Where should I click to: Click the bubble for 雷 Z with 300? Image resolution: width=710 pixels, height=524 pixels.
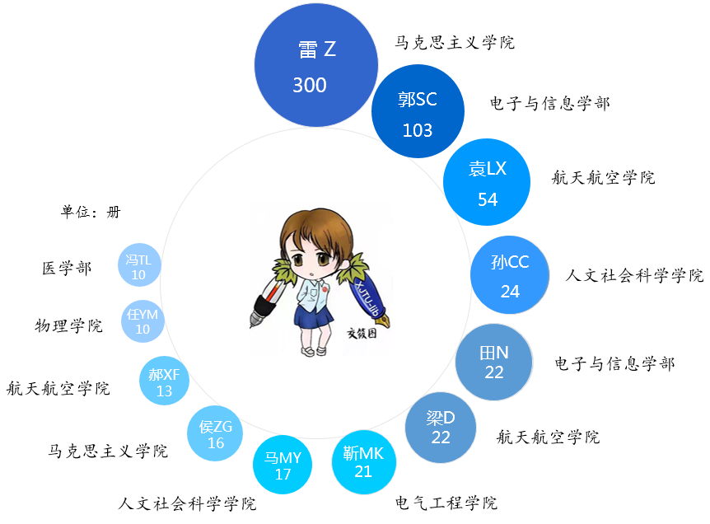[x=315, y=66]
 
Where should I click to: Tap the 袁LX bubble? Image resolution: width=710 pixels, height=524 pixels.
[x=488, y=182]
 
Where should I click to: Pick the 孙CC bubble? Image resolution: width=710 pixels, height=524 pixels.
[x=510, y=275]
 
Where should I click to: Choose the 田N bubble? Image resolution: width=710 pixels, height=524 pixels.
[x=494, y=362]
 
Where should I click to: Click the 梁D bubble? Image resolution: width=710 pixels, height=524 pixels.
[x=441, y=427]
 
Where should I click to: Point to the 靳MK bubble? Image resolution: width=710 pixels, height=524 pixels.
[x=363, y=462]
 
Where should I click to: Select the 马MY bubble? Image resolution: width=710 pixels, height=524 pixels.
[x=283, y=465]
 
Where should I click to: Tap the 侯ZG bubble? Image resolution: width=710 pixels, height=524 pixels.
[x=217, y=434]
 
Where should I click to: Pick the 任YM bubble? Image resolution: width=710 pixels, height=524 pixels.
[x=142, y=320]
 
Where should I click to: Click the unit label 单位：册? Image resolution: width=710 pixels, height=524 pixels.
[x=91, y=211]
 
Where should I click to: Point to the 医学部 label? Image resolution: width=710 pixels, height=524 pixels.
[x=67, y=268]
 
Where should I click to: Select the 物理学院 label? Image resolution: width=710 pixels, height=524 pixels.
[x=68, y=325]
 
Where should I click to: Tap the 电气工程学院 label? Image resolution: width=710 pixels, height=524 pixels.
[x=446, y=503]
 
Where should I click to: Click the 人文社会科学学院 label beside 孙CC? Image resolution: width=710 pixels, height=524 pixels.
[x=634, y=275]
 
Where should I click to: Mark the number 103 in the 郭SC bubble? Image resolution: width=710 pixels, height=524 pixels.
[x=417, y=130]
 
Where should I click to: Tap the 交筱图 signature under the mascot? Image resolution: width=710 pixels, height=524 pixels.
[x=361, y=335]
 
